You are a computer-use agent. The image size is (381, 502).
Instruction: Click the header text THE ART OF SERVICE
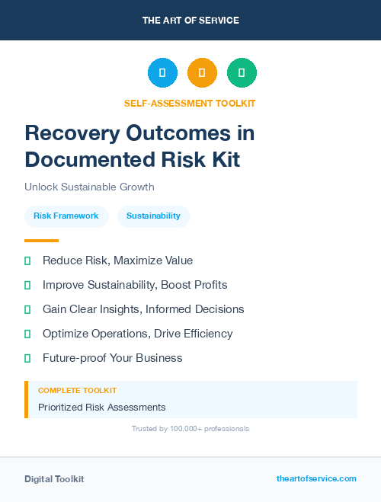pyautogui.click(x=190, y=20)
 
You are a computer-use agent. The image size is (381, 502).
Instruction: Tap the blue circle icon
pyautogui.click(x=162, y=73)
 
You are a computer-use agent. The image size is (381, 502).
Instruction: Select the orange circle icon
pyautogui.click(x=202, y=73)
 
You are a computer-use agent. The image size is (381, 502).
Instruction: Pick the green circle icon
pyautogui.click(x=242, y=73)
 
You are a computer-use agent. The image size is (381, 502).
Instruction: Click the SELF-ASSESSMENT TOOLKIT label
pyautogui.click(x=190, y=103)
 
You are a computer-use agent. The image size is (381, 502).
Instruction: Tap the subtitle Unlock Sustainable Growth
pyautogui.click(x=89, y=187)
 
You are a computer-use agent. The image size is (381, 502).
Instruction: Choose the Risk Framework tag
pyautogui.click(x=66, y=216)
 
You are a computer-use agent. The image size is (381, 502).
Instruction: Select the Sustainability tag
pyautogui.click(x=153, y=216)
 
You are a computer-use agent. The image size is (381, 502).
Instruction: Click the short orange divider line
pyautogui.click(x=41, y=241)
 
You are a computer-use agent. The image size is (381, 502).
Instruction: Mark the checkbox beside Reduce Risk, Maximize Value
pyautogui.click(x=27, y=261)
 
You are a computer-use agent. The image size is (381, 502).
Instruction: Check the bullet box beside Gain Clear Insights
pyautogui.click(x=27, y=309)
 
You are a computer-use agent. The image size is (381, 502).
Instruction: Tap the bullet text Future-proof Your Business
pyautogui.click(x=112, y=358)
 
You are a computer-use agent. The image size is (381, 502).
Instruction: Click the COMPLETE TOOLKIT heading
pyautogui.click(x=77, y=390)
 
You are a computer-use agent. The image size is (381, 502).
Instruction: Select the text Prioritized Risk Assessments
pyautogui.click(x=101, y=408)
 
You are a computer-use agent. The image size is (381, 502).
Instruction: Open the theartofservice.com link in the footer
pyautogui.click(x=316, y=478)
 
